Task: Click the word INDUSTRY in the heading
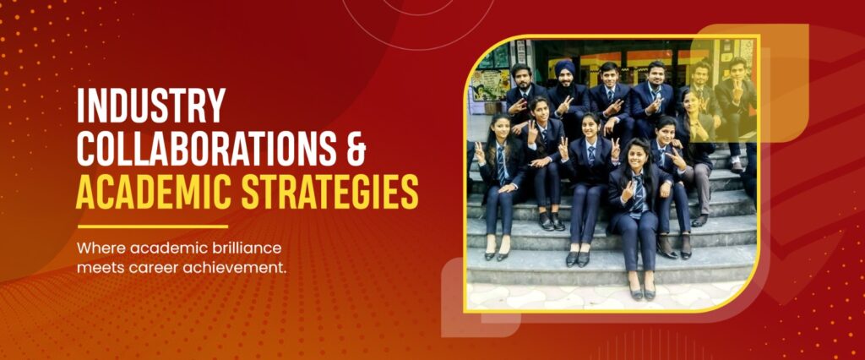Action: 151,105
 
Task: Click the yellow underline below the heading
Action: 152,226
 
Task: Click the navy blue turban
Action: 564,67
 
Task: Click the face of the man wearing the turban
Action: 565,80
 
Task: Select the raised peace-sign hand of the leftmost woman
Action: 479,151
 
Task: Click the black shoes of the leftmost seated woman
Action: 496,255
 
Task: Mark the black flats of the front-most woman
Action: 643,292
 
